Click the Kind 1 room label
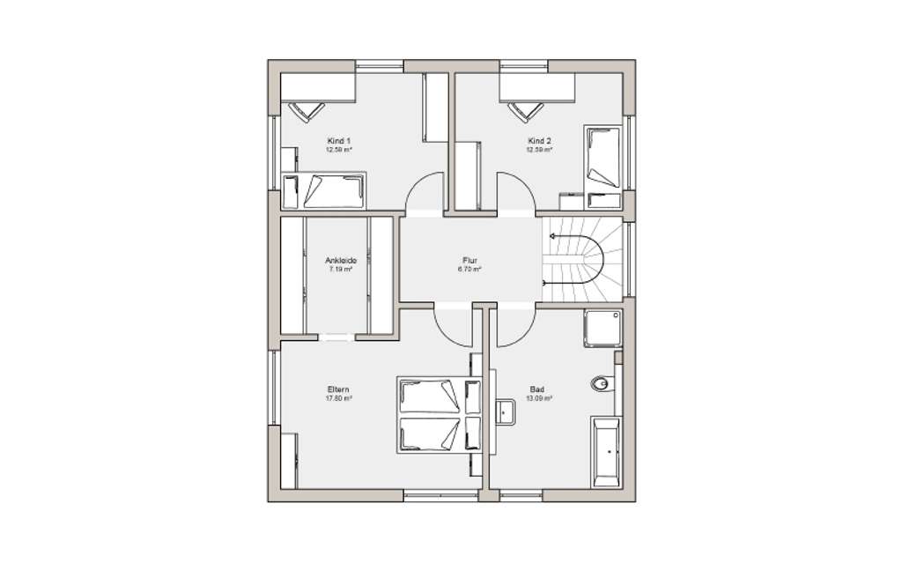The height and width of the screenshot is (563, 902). pyautogui.click(x=339, y=141)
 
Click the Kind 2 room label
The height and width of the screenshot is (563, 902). pyautogui.click(x=540, y=141)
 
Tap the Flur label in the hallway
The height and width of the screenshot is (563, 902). pyautogui.click(x=469, y=261)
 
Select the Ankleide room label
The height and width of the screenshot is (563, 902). pyautogui.click(x=339, y=261)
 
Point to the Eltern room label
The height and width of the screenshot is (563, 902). pyautogui.click(x=339, y=389)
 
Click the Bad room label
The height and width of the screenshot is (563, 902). pyautogui.click(x=537, y=389)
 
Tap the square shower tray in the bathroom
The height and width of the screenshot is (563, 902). pyautogui.click(x=603, y=329)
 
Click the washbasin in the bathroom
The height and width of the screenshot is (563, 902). pyautogui.click(x=506, y=412)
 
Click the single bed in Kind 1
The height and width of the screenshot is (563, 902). pyautogui.click(x=323, y=189)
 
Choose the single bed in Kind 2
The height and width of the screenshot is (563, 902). pyautogui.click(x=603, y=157)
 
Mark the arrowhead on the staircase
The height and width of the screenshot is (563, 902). pyautogui.click(x=551, y=236)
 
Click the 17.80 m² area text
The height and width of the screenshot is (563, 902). pyautogui.click(x=339, y=398)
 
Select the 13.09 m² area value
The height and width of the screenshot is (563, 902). pyautogui.click(x=538, y=398)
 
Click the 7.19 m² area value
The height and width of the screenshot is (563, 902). pyautogui.click(x=339, y=270)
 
